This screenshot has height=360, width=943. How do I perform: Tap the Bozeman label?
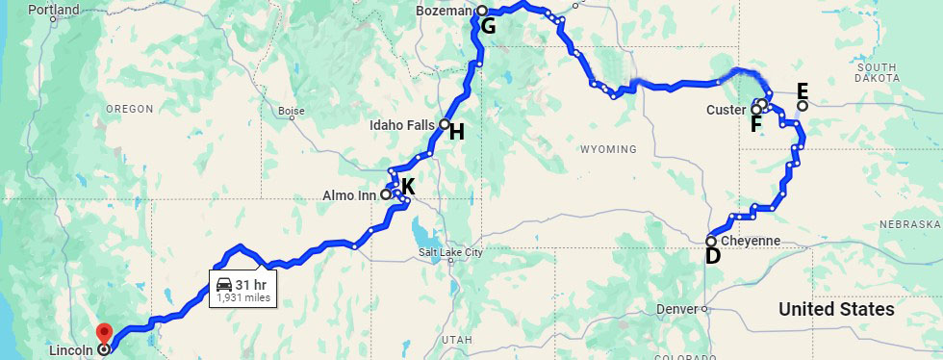pyautogui.click(x=444, y=11)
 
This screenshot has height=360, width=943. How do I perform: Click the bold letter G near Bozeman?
pyautogui.click(x=489, y=26)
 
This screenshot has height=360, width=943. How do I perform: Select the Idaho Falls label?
pyautogui.click(x=404, y=125)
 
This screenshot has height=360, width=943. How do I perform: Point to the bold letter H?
pyautogui.click(x=456, y=132)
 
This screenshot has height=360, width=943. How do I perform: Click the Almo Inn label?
pyautogui.click(x=349, y=194)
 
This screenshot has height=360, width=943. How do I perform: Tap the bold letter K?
pyautogui.click(x=408, y=187)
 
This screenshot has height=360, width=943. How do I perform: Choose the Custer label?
pyautogui.click(x=726, y=110)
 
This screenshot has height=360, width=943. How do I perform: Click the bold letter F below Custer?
pyautogui.click(x=756, y=124)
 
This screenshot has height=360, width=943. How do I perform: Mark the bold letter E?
pyautogui.click(x=803, y=92)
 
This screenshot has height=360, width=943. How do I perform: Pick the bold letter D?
pyautogui.click(x=713, y=256)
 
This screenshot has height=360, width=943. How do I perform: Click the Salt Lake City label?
pyautogui.click(x=449, y=253)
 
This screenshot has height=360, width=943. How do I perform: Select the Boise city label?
pyautogui.click(x=291, y=111)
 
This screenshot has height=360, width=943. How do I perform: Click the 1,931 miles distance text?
pyautogui.click(x=242, y=298)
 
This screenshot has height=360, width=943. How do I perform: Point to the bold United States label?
pyautogui.click(x=836, y=309)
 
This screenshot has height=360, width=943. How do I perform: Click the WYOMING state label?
pyautogui.click(x=608, y=149)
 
